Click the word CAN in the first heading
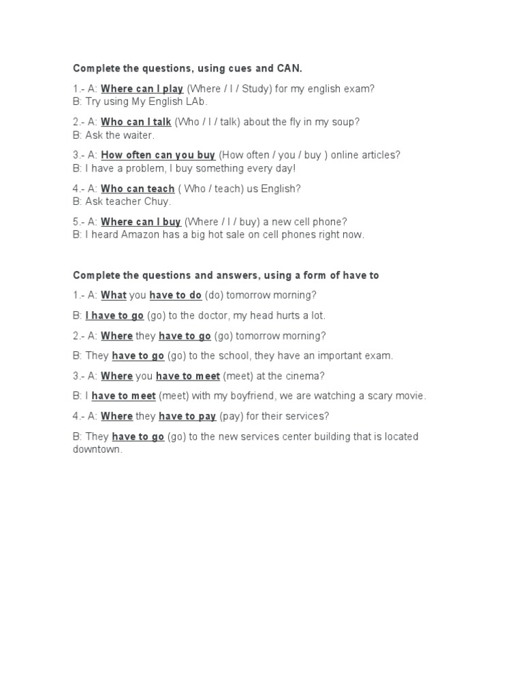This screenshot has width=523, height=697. (289, 69)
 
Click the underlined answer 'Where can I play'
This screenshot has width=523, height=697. (142, 88)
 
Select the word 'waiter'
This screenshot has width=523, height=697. (139, 135)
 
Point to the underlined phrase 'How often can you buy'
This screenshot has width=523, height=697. (158, 155)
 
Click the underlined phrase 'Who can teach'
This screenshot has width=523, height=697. (138, 189)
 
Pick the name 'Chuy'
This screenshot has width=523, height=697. (157, 201)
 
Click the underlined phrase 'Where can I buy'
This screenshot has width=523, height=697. (141, 222)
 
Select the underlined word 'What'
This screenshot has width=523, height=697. (114, 295)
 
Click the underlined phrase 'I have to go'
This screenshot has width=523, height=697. (114, 316)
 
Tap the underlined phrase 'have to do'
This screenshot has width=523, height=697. (176, 295)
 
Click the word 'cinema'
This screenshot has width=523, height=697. (304, 376)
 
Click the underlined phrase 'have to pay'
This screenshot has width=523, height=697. (187, 416)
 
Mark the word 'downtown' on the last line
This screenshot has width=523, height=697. (97, 449)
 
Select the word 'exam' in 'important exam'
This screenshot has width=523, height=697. (378, 355)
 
